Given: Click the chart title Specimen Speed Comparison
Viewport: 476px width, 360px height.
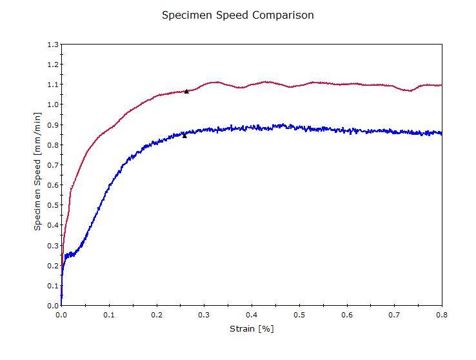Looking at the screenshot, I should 237,15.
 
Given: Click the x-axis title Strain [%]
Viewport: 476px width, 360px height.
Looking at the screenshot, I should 252,329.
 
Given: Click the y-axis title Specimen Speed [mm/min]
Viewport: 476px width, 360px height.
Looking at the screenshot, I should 37,171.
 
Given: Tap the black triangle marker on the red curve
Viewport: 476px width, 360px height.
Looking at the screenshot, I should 186,92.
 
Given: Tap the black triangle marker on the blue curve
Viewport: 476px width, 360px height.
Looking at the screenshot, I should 184,135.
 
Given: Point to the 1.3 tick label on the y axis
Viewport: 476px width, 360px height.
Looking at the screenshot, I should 52,45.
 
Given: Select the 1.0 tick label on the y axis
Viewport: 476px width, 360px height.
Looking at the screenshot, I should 52,105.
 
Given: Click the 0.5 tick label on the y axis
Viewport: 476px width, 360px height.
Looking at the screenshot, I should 52,205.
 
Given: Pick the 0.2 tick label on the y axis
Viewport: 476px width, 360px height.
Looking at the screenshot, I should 52,265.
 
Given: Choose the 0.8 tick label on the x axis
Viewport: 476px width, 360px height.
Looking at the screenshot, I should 442,315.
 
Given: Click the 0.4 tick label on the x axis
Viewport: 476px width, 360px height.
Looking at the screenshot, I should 252,315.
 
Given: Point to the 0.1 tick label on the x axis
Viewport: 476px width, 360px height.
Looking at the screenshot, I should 109,315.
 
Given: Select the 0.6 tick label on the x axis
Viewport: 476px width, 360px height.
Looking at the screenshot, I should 347,315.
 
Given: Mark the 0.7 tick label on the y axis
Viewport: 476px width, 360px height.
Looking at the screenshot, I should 52,165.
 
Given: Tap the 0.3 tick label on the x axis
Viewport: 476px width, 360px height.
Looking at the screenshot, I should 204,315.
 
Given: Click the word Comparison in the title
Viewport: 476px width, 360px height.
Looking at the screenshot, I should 283,15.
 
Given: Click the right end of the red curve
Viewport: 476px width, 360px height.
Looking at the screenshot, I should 441,85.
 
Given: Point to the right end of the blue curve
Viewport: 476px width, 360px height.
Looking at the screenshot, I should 441,134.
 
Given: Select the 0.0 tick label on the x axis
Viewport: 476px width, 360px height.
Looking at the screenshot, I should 61,315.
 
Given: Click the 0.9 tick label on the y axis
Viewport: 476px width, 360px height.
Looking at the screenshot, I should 52,125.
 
